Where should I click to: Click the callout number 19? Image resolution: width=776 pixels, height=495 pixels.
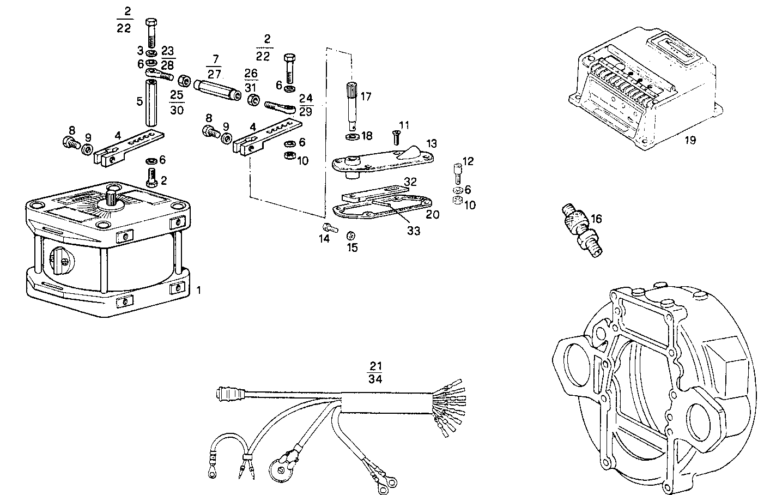pyautogui.click(x=690, y=140)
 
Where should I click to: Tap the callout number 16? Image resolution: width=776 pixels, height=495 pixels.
pyautogui.click(x=596, y=219)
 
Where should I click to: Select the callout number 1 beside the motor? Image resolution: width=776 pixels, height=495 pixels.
pyautogui.click(x=199, y=291)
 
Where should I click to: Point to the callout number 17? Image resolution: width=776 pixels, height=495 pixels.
pyautogui.click(x=366, y=96)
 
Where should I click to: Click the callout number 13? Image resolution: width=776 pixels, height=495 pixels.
pyautogui.click(x=432, y=143)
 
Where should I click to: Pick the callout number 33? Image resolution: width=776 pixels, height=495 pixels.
pyautogui.click(x=414, y=231)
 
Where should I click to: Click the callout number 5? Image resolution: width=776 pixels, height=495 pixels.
pyautogui.click(x=140, y=101)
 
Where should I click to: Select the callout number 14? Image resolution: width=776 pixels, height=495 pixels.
pyautogui.click(x=324, y=239)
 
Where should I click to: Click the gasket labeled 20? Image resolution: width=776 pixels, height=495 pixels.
pyautogui.click(x=381, y=210)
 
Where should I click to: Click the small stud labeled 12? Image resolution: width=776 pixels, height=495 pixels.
pyautogui.click(x=457, y=174)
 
